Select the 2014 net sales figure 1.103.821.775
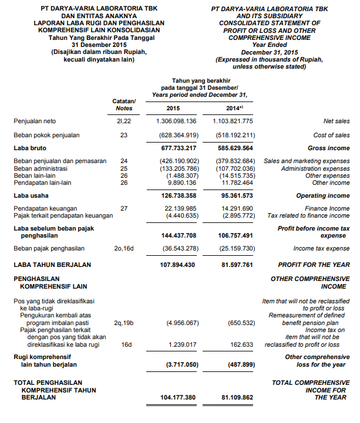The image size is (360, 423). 233,121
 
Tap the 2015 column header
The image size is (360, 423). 173,108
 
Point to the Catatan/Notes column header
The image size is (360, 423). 124,104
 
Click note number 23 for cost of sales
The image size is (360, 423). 124,135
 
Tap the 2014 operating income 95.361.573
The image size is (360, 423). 235,195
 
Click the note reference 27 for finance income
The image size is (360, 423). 124,208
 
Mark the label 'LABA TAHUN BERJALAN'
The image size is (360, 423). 52,265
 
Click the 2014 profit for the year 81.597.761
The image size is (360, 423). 235,265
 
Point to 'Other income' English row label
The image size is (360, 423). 331,182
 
